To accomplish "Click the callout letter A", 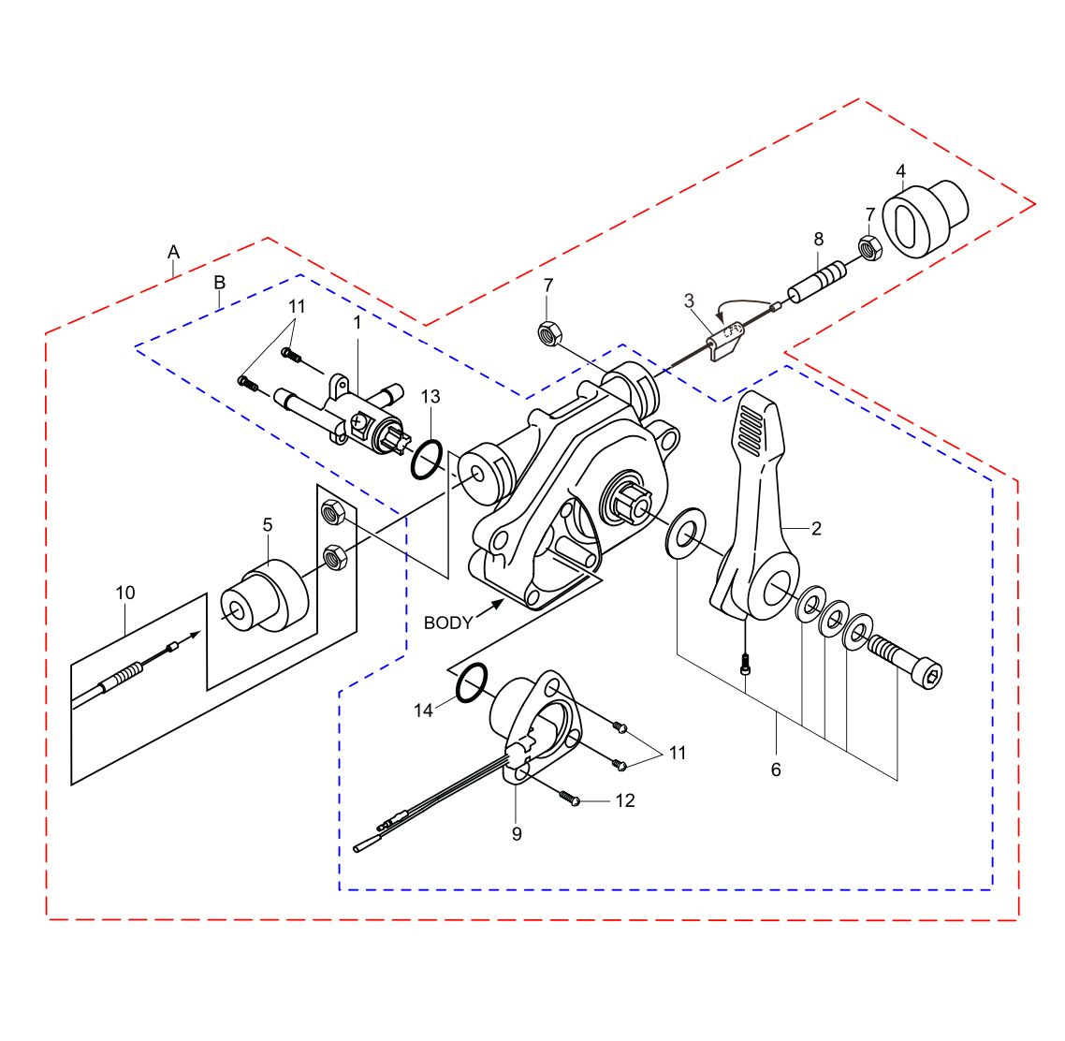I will pos(173,252).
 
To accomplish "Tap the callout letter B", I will pos(220,283).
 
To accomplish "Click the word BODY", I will pos(448,623).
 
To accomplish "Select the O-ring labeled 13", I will pos(426,460).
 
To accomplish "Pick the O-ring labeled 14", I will pos(472,682).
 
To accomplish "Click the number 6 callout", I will pos(776,770).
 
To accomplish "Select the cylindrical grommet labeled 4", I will pos(922,219).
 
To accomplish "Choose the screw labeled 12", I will pos(569,798).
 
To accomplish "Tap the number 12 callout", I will pos(624,800).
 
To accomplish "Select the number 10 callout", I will pos(124,593).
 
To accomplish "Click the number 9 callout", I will pos(517,833).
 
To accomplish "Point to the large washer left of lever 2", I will pos(686,534).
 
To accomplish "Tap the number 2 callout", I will pos(816,529).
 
